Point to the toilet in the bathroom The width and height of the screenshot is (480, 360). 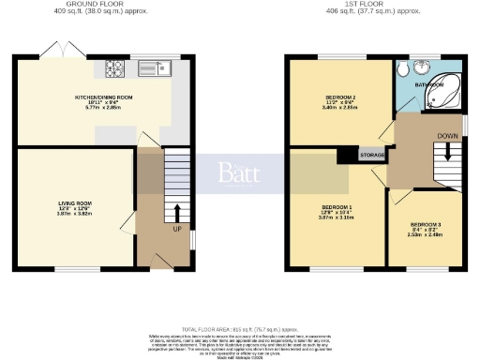tap(402, 69)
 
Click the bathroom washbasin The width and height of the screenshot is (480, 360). tap(421, 66)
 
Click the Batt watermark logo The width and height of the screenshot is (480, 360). tap(239, 172)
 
